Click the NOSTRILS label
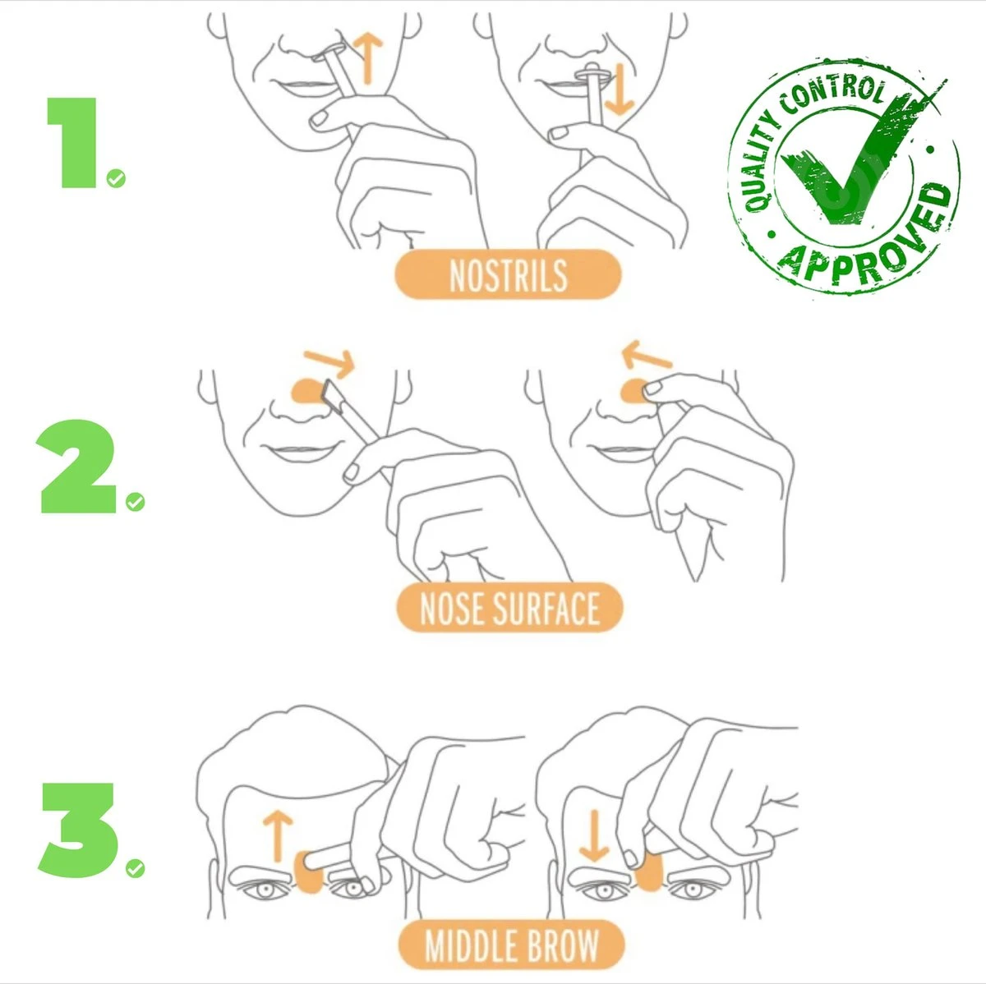508,275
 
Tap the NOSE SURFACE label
509,609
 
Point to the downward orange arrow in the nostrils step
621,91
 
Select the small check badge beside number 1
117,178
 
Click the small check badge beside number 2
135,501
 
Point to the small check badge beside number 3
135,867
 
